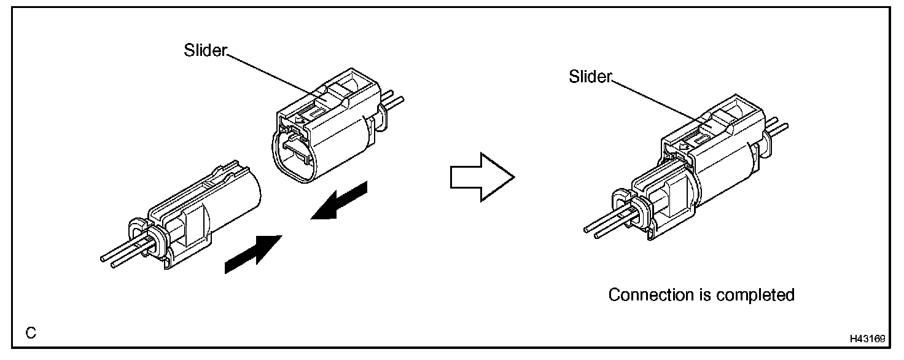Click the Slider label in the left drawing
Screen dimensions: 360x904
pyautogui.click(x=205, y=51)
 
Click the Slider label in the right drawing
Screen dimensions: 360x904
pyautogui.click(x=590, y=77)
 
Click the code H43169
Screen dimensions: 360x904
pyautogui.click(x=867, y=338)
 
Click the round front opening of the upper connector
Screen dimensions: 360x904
pyautogui.click(x=295, y=157)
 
